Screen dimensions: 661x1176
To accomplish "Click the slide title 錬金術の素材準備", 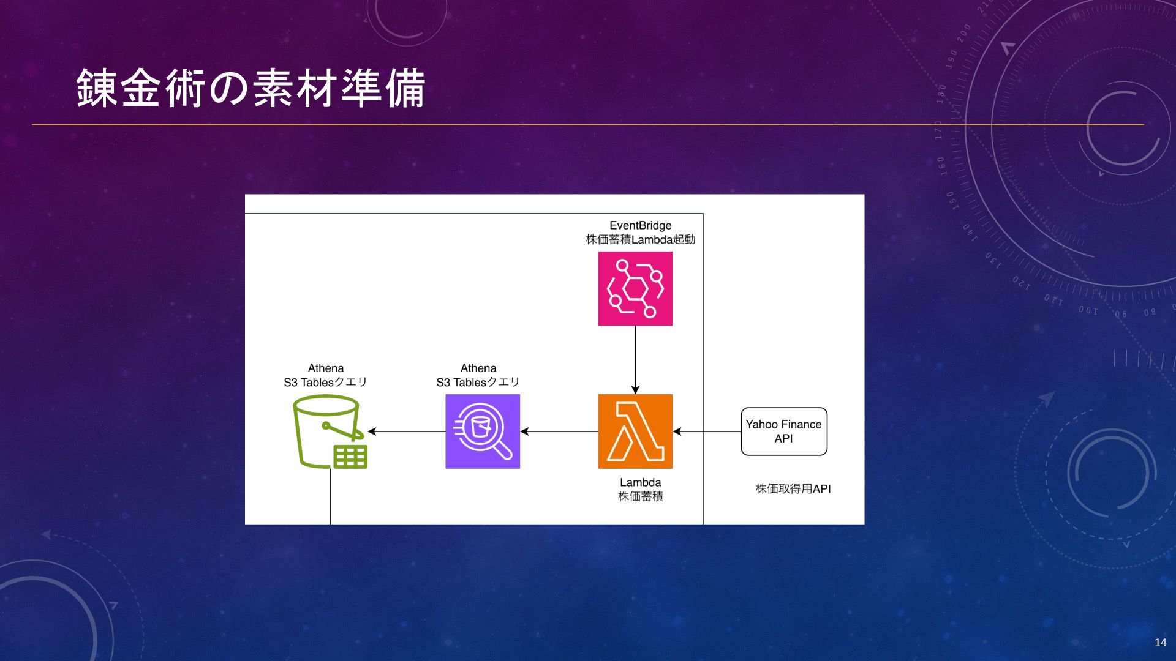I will click(x=251, y=89).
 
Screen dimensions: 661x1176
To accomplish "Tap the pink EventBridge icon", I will click(x=635, y=289).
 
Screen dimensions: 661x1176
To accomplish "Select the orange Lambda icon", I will click(x=635, y=431).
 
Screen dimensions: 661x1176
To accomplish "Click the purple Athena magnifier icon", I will click(x=483, y=431).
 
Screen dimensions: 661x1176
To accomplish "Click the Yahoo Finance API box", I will click(x=784, y=431).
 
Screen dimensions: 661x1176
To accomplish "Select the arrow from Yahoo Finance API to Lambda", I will click(x=707, y=431).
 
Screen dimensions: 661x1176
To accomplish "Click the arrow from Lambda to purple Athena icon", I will click(x=559, y=431).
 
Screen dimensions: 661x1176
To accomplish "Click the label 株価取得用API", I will click(x=793, y=489).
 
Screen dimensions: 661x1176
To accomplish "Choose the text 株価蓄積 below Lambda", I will click(x=641, y=496).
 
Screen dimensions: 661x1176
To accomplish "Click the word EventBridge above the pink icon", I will click(x=641, y=225).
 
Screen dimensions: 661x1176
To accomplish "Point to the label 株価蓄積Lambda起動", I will click(x=641, y=239).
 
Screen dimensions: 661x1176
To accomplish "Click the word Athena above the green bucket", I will click(x=326, y=368).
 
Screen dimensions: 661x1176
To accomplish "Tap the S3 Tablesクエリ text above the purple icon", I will click(x=478, y=383).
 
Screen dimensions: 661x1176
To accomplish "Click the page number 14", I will click(x=1160, y=643).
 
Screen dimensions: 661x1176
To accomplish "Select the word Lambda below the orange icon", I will click(x=641, y=482).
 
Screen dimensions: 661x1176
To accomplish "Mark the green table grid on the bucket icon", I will click(x=350, y=457).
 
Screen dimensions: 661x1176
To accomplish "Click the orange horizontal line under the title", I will click(x=588, y=125).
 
